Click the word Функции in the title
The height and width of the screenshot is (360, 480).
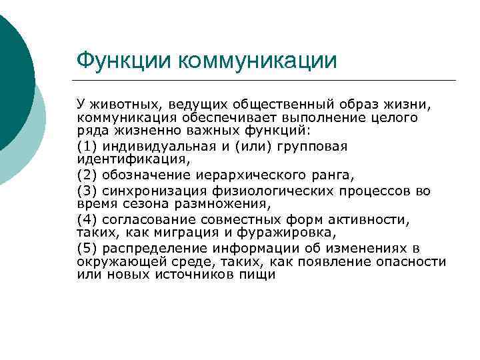point(124,61)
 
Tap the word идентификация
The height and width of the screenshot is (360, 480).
point(133,160)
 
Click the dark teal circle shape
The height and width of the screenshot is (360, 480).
point(10,73)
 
